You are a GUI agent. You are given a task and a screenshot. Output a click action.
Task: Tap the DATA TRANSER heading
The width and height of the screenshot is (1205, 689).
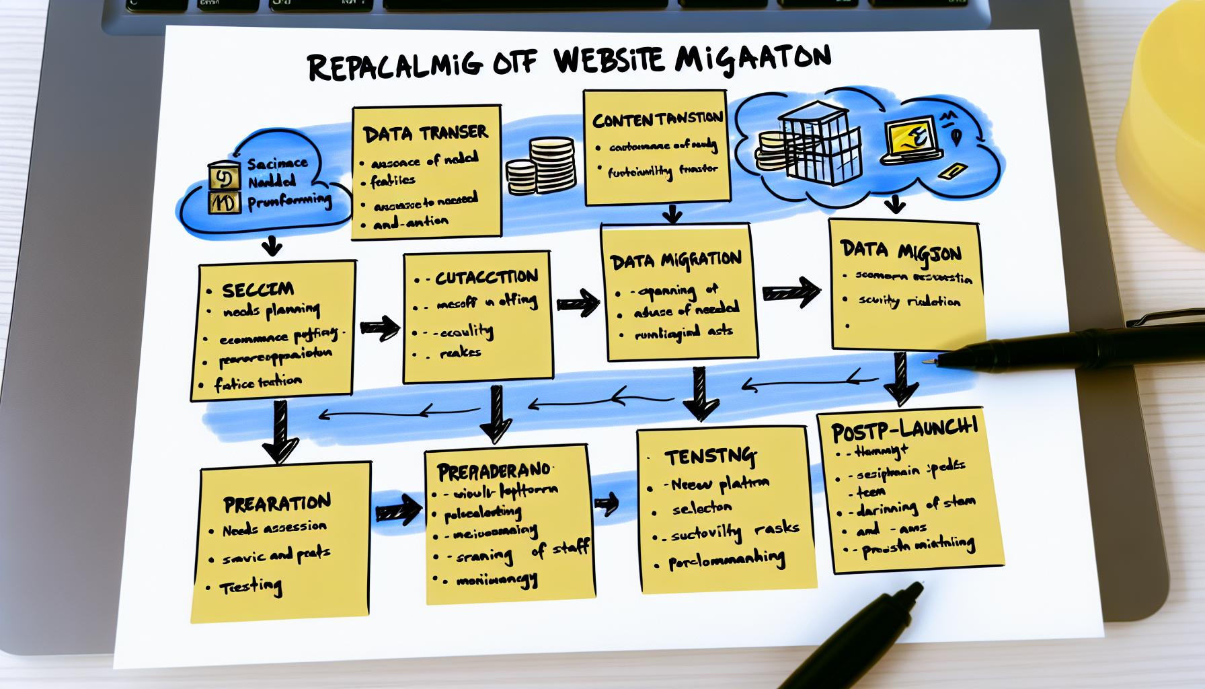point(425,134)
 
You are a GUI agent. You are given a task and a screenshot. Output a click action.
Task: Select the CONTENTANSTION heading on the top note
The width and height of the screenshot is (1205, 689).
point(658,120)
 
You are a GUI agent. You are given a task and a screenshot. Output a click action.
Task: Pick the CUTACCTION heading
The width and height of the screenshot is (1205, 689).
point(485,277)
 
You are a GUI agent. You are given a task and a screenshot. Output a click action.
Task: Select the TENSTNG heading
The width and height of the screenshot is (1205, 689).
point(710,458)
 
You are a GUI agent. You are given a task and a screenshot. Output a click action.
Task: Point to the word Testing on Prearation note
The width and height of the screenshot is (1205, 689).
point(251,587)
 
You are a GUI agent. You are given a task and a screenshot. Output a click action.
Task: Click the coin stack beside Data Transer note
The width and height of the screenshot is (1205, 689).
point(540,166)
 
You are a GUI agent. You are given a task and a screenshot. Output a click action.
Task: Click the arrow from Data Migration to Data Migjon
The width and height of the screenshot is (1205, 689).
point(791,292)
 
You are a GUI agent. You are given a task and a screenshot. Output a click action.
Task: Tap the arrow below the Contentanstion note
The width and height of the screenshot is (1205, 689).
point(672,215)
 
